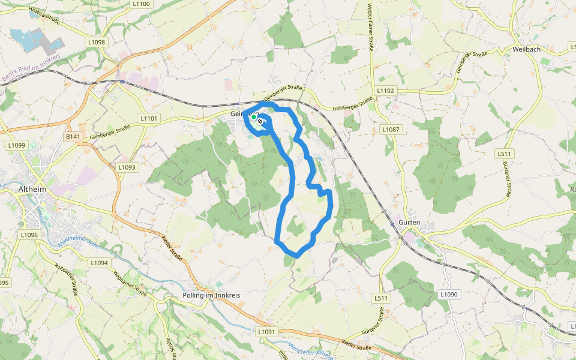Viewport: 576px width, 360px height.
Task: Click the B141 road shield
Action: (x=73, y=137)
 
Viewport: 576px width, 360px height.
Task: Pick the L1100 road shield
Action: (x=142, y=4)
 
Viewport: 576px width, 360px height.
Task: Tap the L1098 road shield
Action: (x=96, y=42)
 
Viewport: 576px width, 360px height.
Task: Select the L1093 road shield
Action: (x=127, y=167)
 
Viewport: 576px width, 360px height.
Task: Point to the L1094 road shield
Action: (x=100, y=263)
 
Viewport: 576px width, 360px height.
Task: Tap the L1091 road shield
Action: (x=267, y=332)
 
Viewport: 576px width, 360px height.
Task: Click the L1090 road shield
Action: (x=448, y=295)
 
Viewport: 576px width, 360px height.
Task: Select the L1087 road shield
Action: (x=391, y=130)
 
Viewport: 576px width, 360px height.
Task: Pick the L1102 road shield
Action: (x=385, y=91)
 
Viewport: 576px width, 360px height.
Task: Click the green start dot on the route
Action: (x=254, y=117)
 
